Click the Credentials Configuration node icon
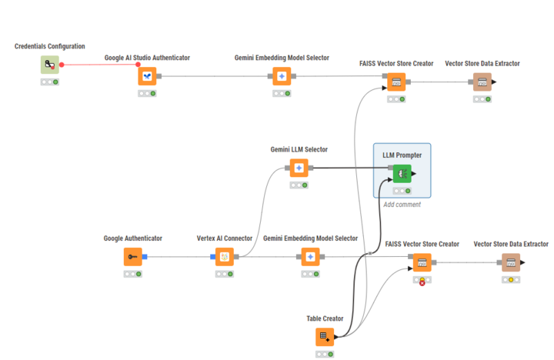click(x=50, y=65)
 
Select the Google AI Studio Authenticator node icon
click(x=147, y=76)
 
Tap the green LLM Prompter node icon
click(x=402, y=174)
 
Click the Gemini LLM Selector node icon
click(x=299, y=168)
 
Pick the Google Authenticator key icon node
click(x=133, y=257)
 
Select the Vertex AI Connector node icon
click(x=225, y=257)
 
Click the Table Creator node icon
click(x=325, y=337)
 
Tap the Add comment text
click(x=402, y=205)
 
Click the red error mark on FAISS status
click(x=422, y=283)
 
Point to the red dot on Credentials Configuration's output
click(x=62, y=65)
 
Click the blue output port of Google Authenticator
click(x=145, y=257)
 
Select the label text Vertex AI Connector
click(x=225, y=238)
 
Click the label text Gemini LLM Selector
click(x=299, y=149)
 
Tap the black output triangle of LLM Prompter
click(x=414, y=174)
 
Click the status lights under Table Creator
click(x=325, y=354)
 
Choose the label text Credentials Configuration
click(x=50, y=46)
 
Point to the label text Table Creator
click(x=325, y=318)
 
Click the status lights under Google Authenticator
click(x=133, y=274)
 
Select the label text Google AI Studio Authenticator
click(x=147, y=58)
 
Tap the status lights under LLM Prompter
click(x=402, y=191)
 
